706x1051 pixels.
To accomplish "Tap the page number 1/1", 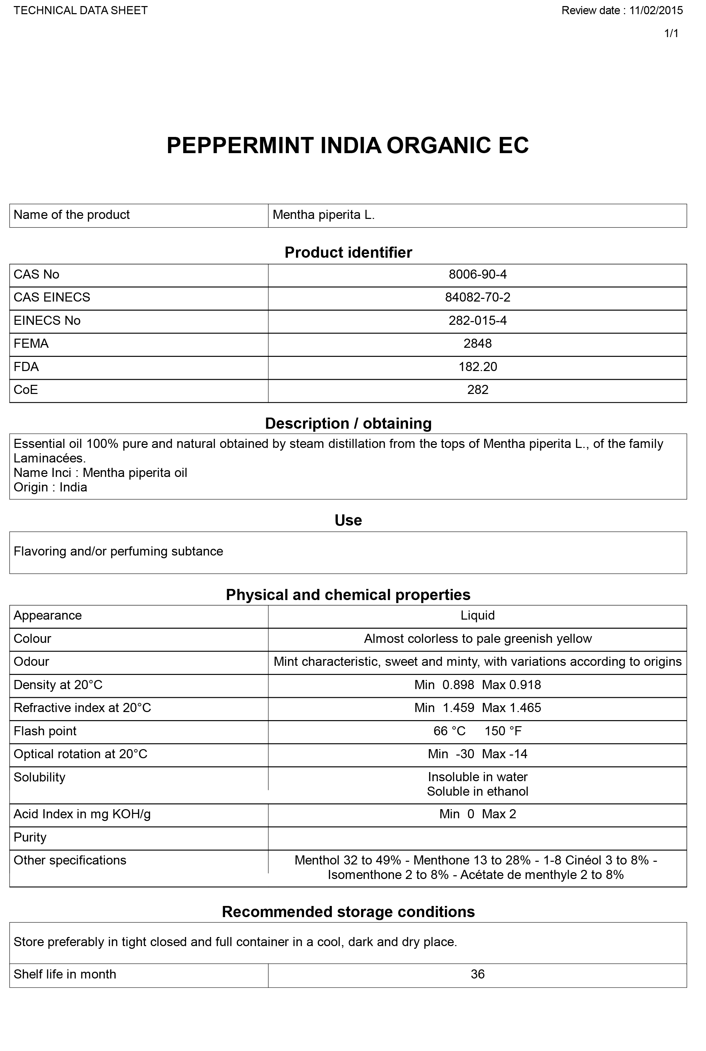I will [x=671, y=34].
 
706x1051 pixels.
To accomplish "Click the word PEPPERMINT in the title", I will [x=240, y=146].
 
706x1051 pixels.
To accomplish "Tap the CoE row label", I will [x=26, y=390].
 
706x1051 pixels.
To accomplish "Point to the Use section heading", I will [x=348, y=520].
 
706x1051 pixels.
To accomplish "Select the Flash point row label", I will [x=45, y=731].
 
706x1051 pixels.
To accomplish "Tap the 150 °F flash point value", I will [x=503, y=731].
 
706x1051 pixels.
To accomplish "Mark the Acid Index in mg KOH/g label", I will [x=82, y=814].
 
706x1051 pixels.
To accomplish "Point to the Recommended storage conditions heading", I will [x=348, y=912].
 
